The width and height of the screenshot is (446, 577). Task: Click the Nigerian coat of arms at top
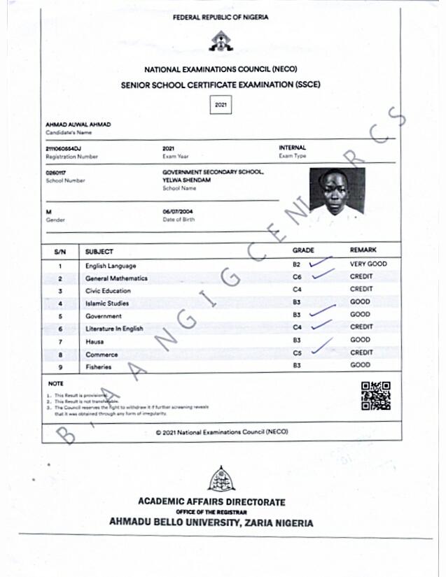[x=221, y=43]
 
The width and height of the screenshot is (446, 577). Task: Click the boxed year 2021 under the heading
[x=221, y=105]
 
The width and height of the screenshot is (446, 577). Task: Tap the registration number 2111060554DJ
[x=63, y=148]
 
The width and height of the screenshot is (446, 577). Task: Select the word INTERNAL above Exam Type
[x=293, y=148]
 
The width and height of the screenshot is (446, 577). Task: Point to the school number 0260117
[x=55, y=172]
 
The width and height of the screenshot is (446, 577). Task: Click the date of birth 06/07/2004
[x=179, y=211]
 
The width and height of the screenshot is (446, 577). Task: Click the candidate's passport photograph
[x=337, y=192]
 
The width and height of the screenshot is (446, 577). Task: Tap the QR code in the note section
[x=376, y=395]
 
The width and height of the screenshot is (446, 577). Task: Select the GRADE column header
[x=303, y=250]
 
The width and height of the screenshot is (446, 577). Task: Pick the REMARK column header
[x=363, y=250]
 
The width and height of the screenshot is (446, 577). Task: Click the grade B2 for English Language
[x=297, y=265]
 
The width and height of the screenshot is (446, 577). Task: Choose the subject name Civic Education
[x=108, y=290]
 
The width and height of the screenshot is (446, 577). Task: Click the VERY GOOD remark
[x=368, y=264]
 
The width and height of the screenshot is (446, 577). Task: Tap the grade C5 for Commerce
[x=297, y=353]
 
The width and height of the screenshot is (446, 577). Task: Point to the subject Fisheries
[x=98, y=366]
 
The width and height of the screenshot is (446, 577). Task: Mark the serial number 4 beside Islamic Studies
[x=60, y=304]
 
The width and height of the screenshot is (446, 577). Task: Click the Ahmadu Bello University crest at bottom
[x=221, y=480]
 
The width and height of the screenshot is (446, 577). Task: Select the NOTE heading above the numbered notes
[x=55, y=384]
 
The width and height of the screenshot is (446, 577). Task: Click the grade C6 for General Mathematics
[x=297, y=278]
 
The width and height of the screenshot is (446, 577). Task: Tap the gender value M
[x=48, y=211]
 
